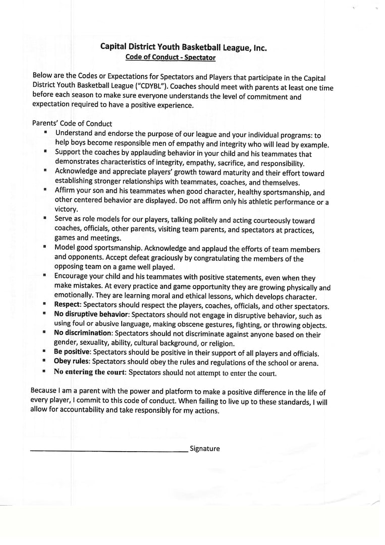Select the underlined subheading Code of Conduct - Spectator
tap(171, 58)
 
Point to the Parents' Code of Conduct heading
tap(72, 123)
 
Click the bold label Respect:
tap(68, 306)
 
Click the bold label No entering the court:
tap(90, 372)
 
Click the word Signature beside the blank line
tap(205, 449)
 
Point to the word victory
tap(66, 209)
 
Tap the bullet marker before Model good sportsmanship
tap(44, 248)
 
